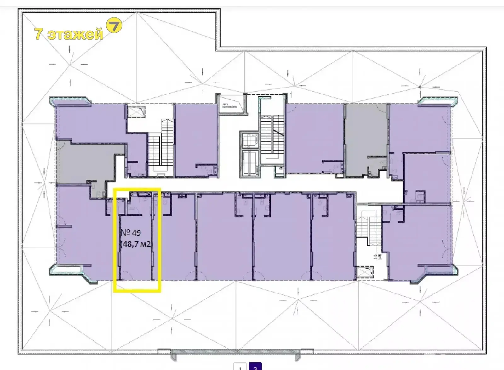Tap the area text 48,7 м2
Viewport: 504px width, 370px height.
click(x=137, y=244)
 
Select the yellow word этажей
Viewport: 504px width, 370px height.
click(x=75, y=34)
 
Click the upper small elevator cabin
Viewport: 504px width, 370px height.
click(x=249, y=140)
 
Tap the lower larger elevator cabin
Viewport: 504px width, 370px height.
click(x=249, y=162)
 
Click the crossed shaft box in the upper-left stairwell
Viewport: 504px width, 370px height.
click(x=136, y=111)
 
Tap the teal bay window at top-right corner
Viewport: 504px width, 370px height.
click(x=438, y=101)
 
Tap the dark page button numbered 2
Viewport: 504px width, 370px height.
click(x=255, y=367)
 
